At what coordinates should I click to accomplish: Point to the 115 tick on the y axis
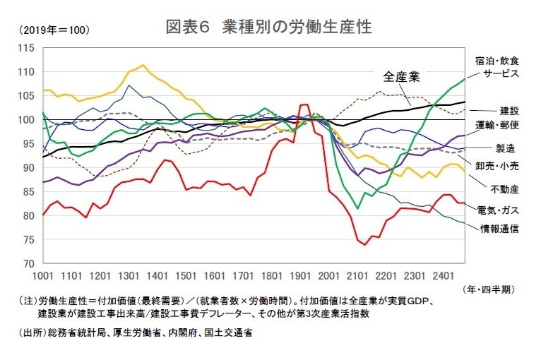26,48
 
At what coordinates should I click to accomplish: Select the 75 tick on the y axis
28,239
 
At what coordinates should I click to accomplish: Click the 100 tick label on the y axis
26,120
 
